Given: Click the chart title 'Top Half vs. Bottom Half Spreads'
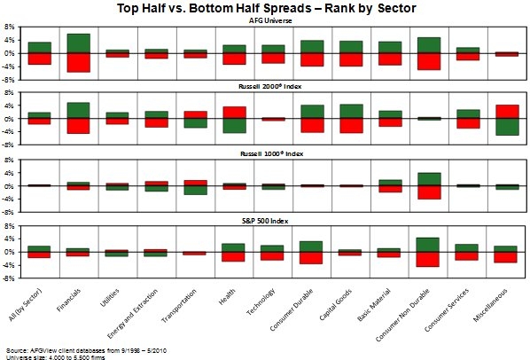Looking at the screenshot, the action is point(214,8).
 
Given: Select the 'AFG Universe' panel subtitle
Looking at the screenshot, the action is point(270,20).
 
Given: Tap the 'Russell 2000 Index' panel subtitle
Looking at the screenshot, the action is point(269,86).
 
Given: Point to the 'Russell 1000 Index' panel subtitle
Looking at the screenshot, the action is point(271,153).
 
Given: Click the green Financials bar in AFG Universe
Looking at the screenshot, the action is point(78,43).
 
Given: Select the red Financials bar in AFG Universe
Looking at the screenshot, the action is point(78,63).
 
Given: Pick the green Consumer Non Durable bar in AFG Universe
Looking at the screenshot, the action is point(429,45).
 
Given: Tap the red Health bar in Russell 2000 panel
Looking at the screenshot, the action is point(234,113).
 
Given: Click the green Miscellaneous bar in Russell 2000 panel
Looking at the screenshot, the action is point(507,127).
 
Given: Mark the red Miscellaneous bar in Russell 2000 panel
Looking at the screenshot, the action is point(507,112).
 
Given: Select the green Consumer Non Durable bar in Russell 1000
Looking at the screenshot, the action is point(429,179).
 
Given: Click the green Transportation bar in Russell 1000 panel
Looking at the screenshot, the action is point(195,191).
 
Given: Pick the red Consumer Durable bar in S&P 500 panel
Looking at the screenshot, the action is point(310,258).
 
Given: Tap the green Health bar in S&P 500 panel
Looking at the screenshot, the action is point(233,247).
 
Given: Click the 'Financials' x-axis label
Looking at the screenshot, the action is point(69,300).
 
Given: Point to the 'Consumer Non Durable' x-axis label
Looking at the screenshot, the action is point(403,315).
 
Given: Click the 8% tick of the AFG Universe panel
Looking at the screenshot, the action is point(9,27).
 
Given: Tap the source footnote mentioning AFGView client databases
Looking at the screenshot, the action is point(86,350).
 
